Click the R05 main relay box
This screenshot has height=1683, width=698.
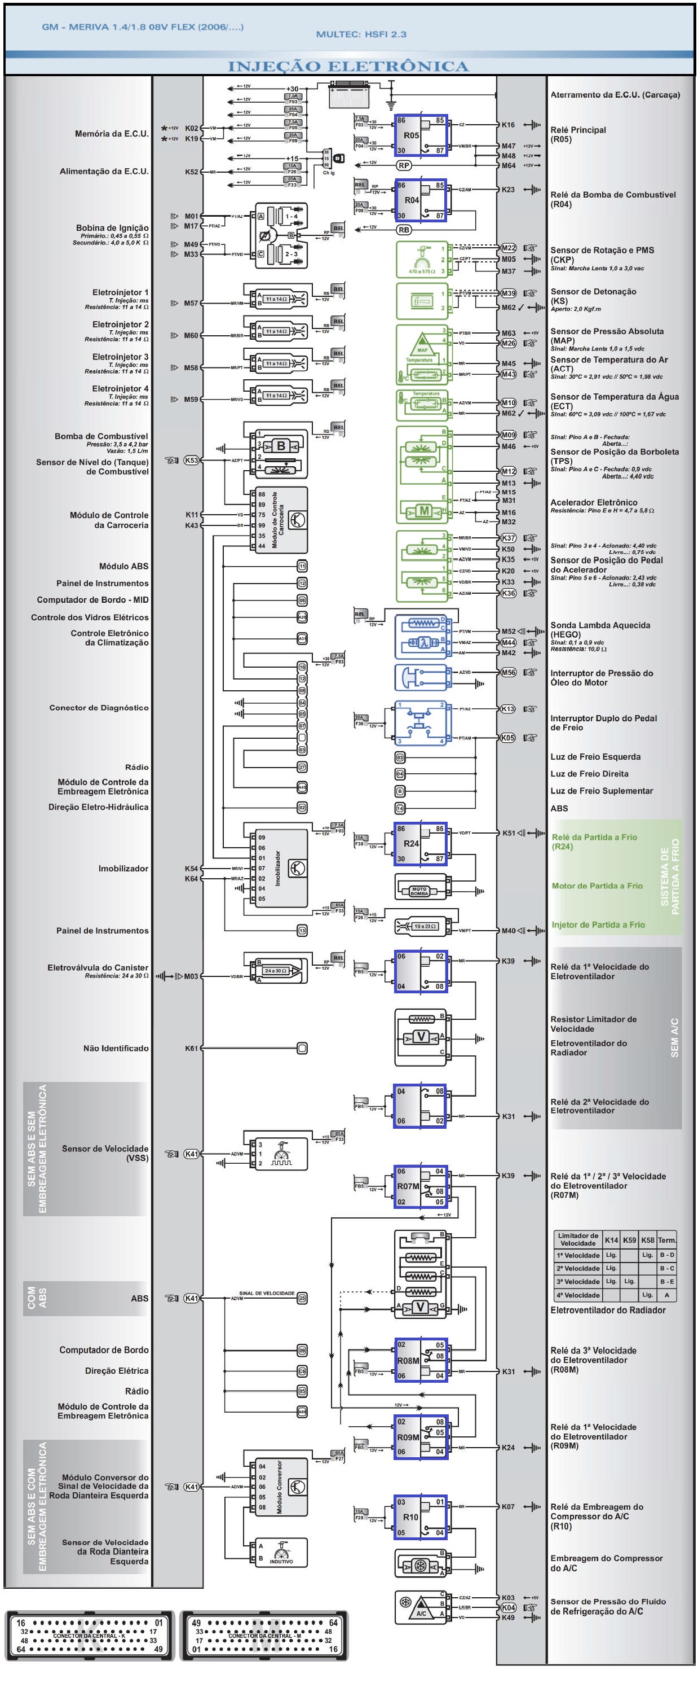pos(421,136)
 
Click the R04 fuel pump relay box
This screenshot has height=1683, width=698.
pos(421,200)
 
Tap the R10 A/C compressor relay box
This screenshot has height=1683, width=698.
pos(421,1517)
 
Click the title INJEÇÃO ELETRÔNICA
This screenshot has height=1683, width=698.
pos(348,66)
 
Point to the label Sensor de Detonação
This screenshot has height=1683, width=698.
pos(593,291)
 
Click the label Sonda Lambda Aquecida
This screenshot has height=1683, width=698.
pos(600,625)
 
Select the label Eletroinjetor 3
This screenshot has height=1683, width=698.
pos(120,357)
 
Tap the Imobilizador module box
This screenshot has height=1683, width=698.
pos(279,868)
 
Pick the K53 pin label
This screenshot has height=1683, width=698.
pos(191,460)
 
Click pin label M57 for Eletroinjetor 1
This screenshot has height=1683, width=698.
pos(191,303)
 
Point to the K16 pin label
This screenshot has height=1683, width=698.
pos(508,125)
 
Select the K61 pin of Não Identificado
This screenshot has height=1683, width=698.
pos(191,1048)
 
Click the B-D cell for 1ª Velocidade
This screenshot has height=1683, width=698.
pos(666,1255)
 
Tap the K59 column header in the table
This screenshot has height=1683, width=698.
pos(629,1240)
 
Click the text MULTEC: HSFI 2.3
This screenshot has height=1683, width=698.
pos(361,34)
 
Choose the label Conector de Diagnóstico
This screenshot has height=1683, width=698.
pos(99,708)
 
